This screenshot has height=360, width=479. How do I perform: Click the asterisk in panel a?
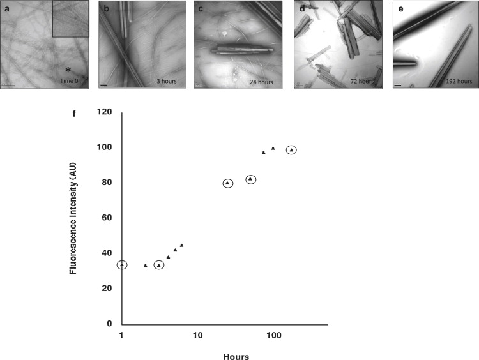coord(67,70)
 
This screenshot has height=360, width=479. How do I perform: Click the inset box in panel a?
coord(70,19)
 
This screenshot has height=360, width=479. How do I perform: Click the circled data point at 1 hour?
coord(121,264)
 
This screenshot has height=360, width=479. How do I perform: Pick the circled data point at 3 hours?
coord(159,265)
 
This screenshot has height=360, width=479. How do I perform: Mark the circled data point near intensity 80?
coord(228,183)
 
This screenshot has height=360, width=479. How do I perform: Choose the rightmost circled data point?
coord(292,150)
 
